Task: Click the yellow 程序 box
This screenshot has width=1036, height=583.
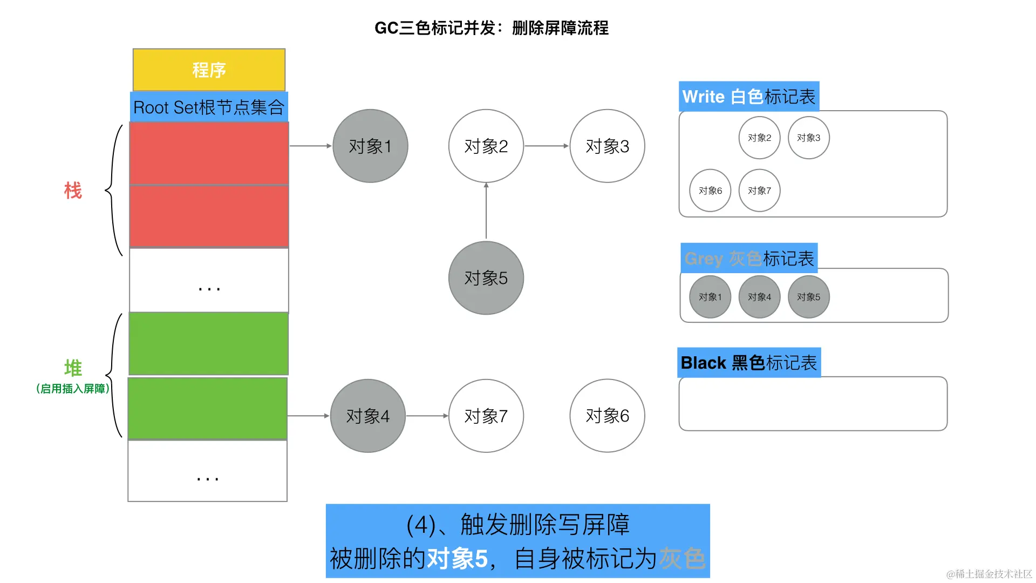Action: (209, 70)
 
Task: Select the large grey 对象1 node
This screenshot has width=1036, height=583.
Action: (370, 146)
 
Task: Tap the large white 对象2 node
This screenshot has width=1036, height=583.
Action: (486, 146)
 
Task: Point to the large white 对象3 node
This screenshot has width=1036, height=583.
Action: (607, 146)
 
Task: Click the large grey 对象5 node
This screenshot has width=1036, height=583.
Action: (486, 277)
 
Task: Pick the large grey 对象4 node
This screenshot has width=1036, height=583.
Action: (367, 416)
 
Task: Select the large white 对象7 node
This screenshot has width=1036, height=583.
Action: (486, 416)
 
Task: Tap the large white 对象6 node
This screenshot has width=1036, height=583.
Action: (607, 416)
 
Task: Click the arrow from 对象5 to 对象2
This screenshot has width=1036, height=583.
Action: (486, 212)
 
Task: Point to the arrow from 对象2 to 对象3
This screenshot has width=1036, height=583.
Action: (546, 146)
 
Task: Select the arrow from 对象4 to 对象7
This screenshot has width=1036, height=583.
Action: (427, 416)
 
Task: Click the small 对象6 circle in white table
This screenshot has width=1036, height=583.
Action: (710, 191)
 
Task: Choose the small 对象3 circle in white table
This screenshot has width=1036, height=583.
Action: (808, 138)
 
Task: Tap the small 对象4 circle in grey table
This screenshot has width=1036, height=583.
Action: (759, 297)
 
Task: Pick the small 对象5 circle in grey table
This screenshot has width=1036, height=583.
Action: (808, 297)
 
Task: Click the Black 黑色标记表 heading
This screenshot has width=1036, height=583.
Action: (748, 363)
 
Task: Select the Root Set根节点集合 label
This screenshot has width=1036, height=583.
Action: (209, 107)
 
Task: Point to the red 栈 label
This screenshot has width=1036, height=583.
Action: (73, 191)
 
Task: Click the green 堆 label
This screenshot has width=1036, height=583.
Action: (73, 368)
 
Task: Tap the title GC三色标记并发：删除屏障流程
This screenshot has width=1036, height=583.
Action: (491, 28)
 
